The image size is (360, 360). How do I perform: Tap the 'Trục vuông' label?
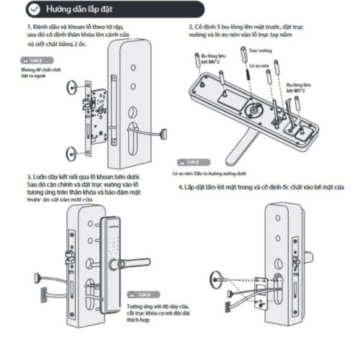point(251,52)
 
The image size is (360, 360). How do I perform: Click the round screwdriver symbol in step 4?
point(216,276)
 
